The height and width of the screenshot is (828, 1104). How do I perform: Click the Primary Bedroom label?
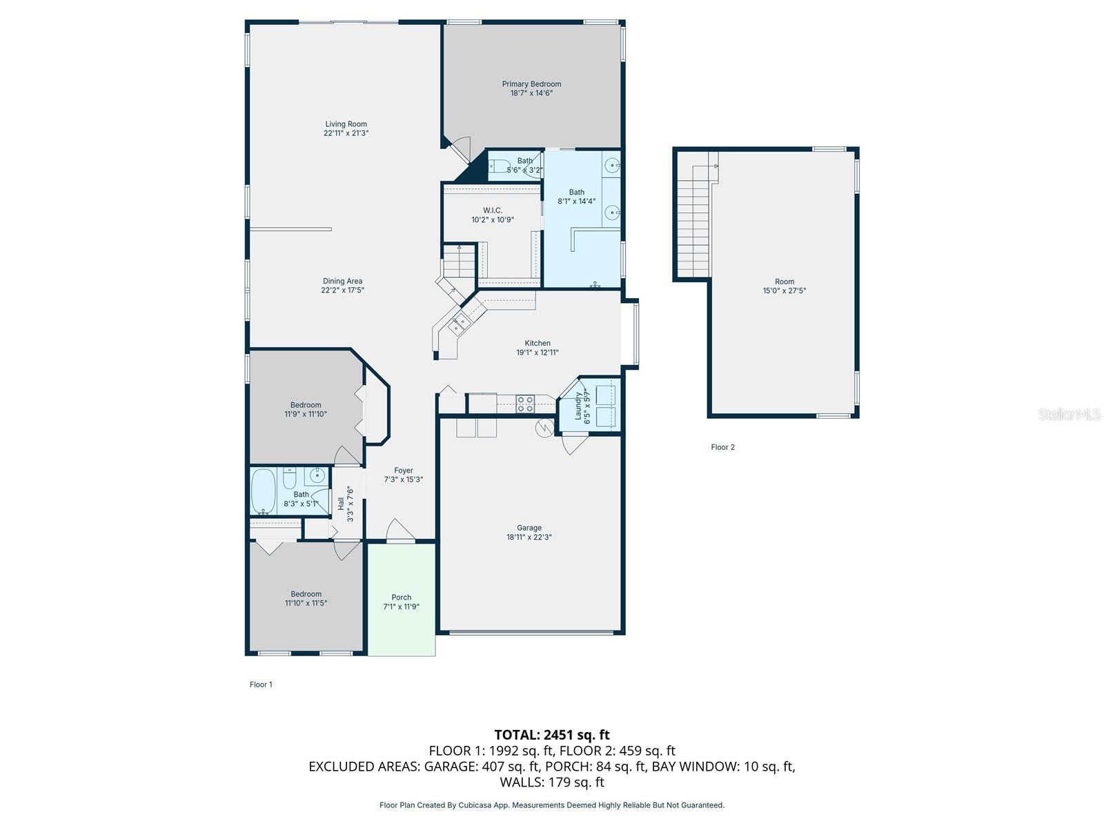tap(531, 84)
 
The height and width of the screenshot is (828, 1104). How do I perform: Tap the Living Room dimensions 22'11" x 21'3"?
tap(346, 133)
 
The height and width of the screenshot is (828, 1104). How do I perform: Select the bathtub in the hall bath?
tap(263, 491)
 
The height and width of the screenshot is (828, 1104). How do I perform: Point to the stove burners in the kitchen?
tap(525, 404)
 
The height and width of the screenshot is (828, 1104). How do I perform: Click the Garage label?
tap(529, 528)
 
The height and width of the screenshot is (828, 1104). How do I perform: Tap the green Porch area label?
tap(401, 598)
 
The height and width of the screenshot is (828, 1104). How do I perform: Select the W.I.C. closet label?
tap(493, 210)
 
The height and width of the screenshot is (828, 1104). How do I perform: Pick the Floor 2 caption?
tap(722, 447)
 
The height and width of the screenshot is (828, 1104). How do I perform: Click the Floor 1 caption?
tap(261, 684)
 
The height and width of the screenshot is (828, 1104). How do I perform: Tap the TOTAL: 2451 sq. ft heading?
tap(552, 735)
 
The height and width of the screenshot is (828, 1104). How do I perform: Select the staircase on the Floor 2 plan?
tap(694, 221)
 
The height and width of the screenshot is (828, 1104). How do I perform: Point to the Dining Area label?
tap(342, 281)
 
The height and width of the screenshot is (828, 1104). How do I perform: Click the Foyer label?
tap(404, 471)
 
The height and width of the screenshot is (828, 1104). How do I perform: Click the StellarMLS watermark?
tap(1069, 415)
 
